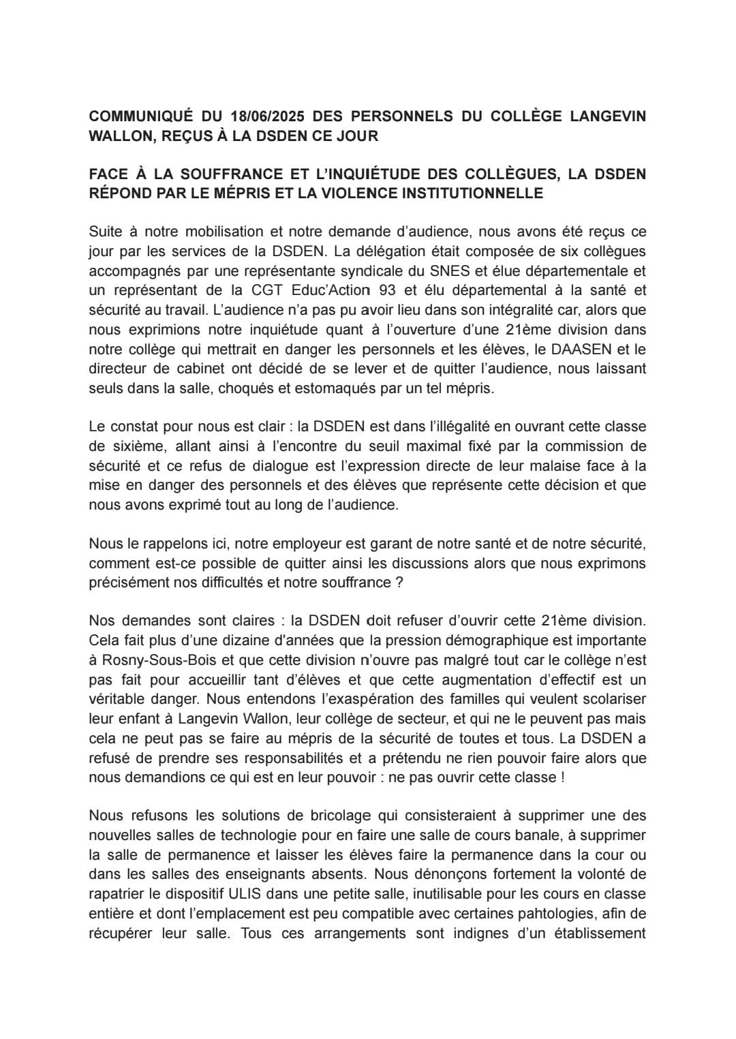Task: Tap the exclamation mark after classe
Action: coord(562,777)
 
